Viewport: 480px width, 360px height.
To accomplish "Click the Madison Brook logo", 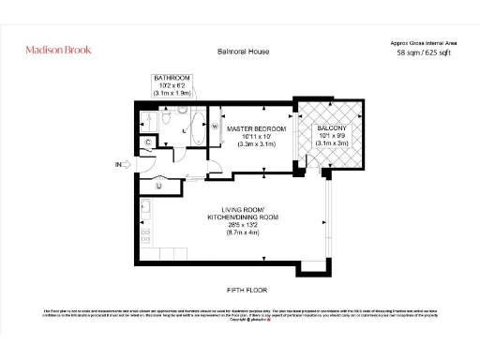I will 58,49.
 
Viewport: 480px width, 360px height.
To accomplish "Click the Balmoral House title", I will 243,52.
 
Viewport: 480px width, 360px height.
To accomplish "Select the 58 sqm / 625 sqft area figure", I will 425,54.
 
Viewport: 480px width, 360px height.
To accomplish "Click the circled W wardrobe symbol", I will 215,126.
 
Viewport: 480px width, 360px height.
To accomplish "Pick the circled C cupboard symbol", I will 149,142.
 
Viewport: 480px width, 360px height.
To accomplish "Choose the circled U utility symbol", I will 159,186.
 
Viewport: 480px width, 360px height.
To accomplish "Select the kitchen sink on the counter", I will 146,207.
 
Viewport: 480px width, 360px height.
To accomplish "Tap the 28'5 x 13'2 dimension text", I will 243,226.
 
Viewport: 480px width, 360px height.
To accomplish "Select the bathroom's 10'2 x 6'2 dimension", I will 172,87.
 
